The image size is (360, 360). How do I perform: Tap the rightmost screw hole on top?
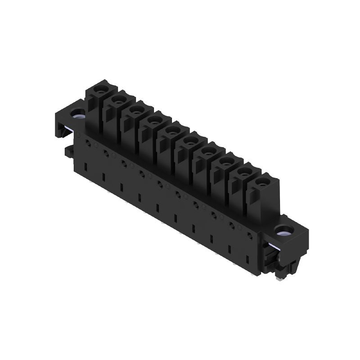[263, 183]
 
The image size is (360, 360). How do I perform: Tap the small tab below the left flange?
[68, 152]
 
